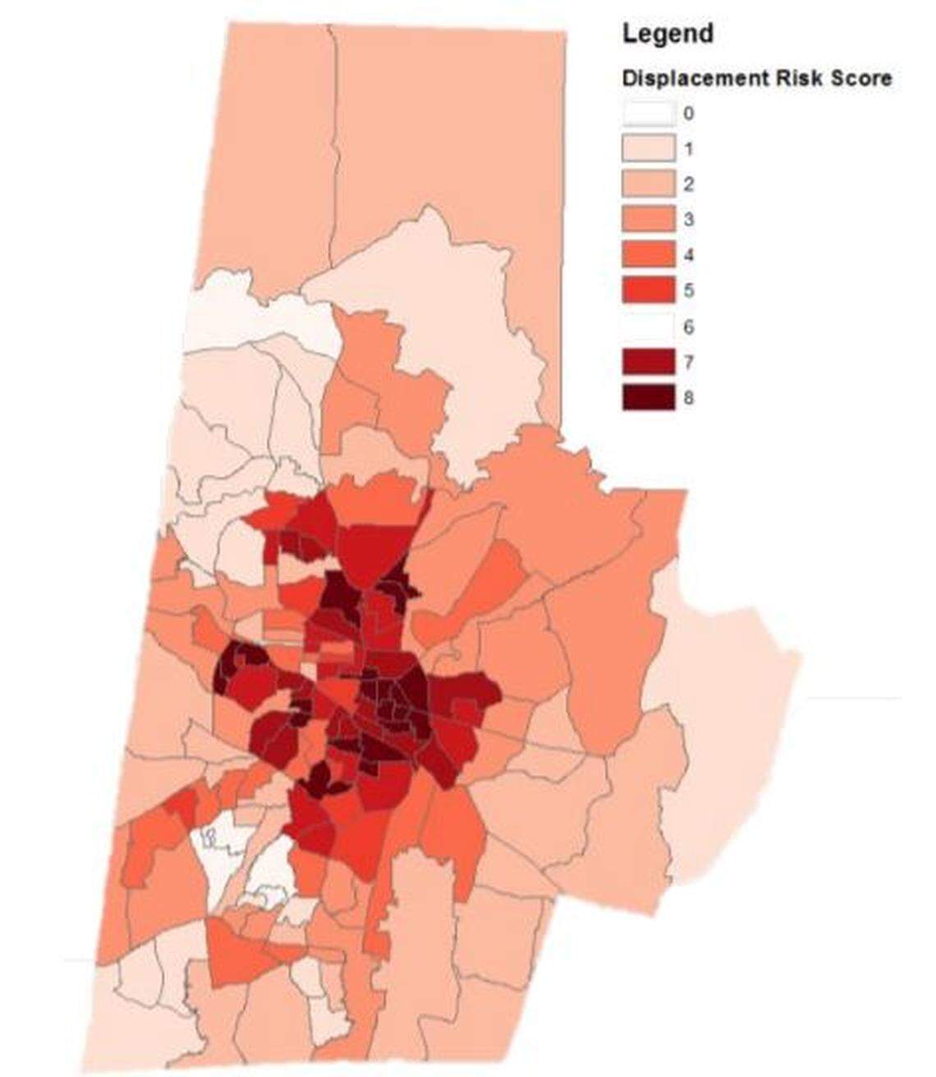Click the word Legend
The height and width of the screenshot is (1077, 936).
pyautogui.click(x=668, y=34)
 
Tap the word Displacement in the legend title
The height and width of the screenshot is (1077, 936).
pyautogui.click(x=694, y=79)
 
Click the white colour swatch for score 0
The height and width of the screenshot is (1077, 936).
pyautogui.click(x=648, y=113)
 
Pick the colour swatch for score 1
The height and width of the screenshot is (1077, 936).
pyautogui.click(x=648, y=149)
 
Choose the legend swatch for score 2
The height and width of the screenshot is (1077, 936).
pyautogui.click(x=648, y=184)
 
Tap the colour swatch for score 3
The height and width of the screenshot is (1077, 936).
pyautogui.click(x=648, y=219)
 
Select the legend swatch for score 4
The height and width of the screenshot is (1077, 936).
pyautogui.click(x=648, y=255)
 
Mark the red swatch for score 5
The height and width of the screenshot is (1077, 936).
pyautogui.click(x=648, y=290)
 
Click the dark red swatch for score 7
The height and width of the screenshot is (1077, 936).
pyautogui.click(x=648, y=361)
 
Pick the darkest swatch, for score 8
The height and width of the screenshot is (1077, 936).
pyautogui.click(x=648, y=398)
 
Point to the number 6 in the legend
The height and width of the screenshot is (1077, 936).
pyautogui.click(x=688, y=327)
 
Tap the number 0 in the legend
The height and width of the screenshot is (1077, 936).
pyautogui.click(x=688, y=113)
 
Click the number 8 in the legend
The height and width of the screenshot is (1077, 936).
pyautogui.click(x=688, y=398)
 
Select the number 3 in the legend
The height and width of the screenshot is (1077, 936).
pyautogui.click(x=688, y=219)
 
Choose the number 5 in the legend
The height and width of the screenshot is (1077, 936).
pyautogui.click(x=688, y=291)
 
